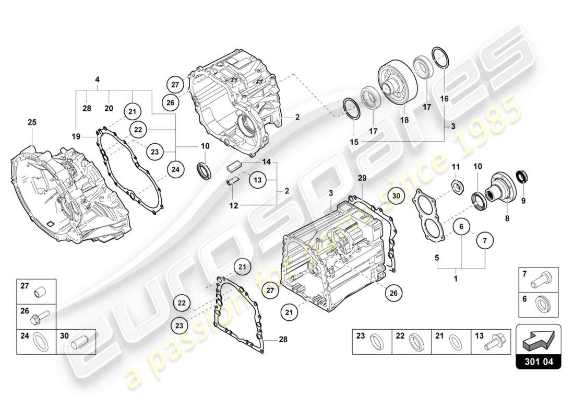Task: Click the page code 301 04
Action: point(538,361)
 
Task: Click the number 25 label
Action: point(32,122)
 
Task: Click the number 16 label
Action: point(445,98)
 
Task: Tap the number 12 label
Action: point(233,206)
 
